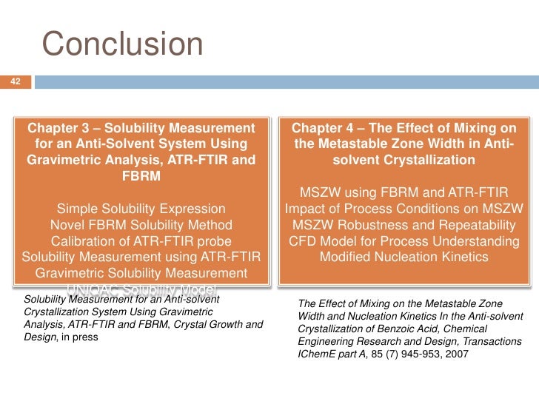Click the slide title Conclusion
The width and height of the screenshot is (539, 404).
pyautogui.click(x=122, y=44)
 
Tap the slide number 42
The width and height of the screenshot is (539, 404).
pyautogui.click(x=14, y=81)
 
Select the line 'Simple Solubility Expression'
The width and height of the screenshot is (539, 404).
pyautogui.click(x=141, y=209)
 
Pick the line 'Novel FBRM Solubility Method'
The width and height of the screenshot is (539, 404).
pyautogui.click(x=141, y=225)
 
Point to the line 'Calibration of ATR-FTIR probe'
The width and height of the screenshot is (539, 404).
pyautogui.click(x=141, y=241)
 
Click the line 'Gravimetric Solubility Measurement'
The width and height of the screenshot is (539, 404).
pyautogui.click(x=141, y=274)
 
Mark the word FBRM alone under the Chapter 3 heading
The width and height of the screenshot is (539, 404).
pyautogui.click(x=141, y=177)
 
